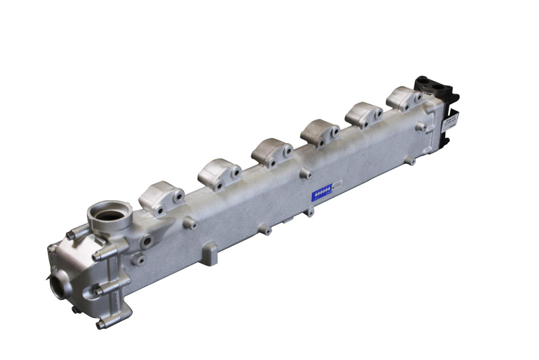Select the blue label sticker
(323, 193)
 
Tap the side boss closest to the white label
(421, 126)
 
